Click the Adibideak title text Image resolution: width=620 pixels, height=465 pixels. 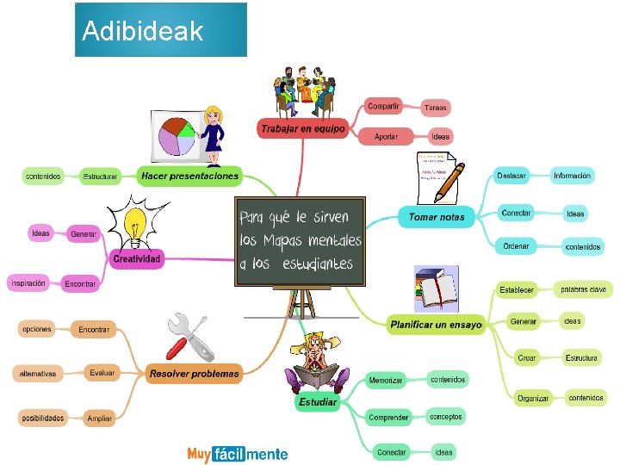tap(143, 32)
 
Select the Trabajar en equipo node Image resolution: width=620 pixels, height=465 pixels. tap(301, 129)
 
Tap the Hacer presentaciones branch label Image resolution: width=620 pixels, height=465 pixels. tap(189, 176)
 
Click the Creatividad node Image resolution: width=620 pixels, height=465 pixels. tap(136, 258)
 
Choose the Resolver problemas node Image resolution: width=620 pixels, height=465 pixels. tap(194, 374)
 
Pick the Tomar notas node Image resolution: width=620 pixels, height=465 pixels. tap(436, 217)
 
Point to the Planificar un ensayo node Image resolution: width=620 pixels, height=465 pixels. tap(436, 325)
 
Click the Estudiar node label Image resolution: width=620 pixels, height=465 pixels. tap(318, 401)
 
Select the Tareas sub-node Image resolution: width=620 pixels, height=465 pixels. tap(435, 108)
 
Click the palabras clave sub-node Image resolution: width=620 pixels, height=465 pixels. tap(583, 289)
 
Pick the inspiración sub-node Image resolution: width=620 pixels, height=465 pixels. tap(29, 282)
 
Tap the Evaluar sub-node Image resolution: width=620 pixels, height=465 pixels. tap(102, 373)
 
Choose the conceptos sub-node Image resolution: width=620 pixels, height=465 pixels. tap(446, 417)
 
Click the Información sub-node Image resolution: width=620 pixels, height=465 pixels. tap(572, 176)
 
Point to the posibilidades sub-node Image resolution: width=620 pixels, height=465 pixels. tap(42, 418)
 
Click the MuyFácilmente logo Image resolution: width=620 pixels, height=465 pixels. tap(238, 454)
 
